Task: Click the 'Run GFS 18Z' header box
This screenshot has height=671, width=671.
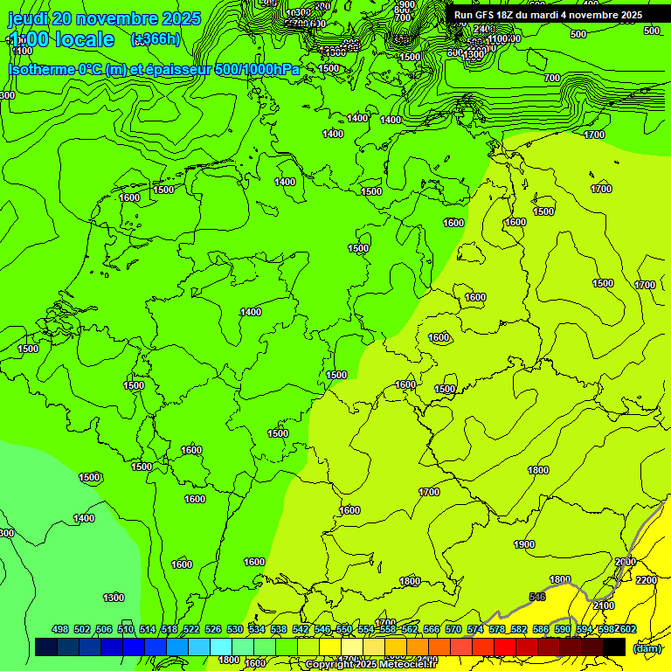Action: pyautogui.click(x=548, y=15)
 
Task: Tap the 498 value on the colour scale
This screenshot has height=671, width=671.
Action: pyautogui.click(x=60, y=629)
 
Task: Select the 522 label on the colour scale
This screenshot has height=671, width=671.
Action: pyautogui.click(x=191, y=629)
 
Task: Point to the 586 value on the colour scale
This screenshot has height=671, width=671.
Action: pyautogui.click(x=540, y=629)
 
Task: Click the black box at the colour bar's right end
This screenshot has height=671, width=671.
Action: pyautogui.click(x=614, y=647)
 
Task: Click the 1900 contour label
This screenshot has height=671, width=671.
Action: pyautogui.click(x=524, y=544)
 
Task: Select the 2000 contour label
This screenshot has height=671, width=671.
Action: pyautogui.click(x=626, y=562)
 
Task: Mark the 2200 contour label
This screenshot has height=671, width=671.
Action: pyautogui.click(x=647, y=580)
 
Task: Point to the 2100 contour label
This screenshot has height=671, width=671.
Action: pyautogui.click(x=604, y=605)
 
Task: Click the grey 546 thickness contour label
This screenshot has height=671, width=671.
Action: pyautogui.click(x=537, y=597)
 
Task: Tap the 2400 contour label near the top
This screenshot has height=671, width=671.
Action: pyautogui.click(x=484, y=29)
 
